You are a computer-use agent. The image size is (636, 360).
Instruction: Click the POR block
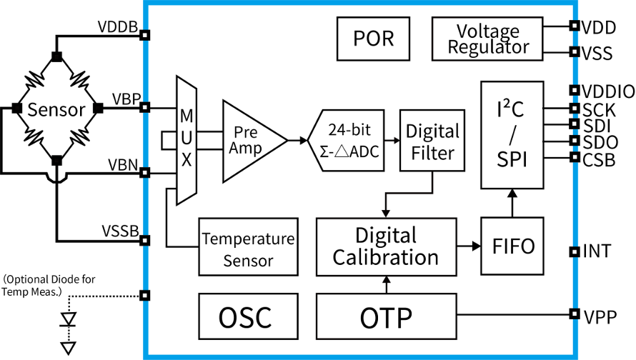pos(373,39)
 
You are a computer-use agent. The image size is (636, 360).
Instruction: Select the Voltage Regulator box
pos(487,39)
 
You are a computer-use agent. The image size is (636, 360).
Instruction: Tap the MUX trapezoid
pos(187,140)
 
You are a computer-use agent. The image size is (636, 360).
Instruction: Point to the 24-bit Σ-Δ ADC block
pos(346,140)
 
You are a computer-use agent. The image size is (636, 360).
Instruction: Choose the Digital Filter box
pos(432,140)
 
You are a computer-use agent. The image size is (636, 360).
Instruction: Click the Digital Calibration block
pos(386,247)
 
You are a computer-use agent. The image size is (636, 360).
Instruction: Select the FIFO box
pos(512,246)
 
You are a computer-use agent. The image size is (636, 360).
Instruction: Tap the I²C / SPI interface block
pos(512,135)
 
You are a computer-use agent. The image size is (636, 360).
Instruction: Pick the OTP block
pos(386,316)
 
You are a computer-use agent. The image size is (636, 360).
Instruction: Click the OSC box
pos(248,316)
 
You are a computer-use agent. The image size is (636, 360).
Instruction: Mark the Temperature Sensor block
pos(248,247)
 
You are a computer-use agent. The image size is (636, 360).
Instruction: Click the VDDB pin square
pos(145,35)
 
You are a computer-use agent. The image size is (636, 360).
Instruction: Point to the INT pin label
pos(597,251)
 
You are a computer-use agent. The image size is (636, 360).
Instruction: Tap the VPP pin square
pos(575,314)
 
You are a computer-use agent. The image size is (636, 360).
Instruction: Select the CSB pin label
pos(599,160)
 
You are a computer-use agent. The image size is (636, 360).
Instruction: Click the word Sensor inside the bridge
pos(56,109)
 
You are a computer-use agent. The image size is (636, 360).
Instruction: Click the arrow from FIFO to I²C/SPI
pos(512,203)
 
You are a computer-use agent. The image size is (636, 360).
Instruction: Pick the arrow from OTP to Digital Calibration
pos(386,284)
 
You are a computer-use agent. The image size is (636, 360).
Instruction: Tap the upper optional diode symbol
pos(68,319)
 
